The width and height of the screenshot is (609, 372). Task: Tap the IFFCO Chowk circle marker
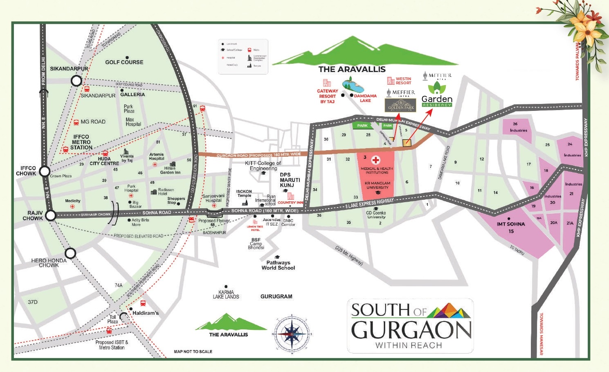click(x=45, y=171)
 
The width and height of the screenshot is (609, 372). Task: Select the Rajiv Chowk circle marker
click(x=50, y=215)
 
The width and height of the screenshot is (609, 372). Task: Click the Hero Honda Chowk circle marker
click(x=70, y=253)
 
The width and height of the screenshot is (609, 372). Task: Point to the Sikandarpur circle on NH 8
click(x=76, y=81)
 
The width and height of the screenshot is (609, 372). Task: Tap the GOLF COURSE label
click(x=124, y=62)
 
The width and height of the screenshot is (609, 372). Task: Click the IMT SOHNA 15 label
click(x=510, y=228)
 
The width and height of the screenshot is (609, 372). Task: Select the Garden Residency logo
click(x=437, y=95)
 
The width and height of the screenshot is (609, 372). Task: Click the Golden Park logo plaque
click(x=401, y=105)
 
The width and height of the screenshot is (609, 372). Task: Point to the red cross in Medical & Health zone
click(x=375, y=160)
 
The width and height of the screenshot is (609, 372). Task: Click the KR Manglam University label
click(x=378, y=185)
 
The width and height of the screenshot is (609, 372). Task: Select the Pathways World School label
click(x=278, y=265)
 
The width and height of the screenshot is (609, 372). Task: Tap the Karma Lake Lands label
click(x=226, y=295)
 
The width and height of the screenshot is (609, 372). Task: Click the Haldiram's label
click(x=146, y=313)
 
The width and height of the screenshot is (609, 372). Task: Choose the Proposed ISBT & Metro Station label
click(x=112, y=345)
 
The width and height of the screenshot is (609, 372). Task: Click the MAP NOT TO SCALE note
click(x=193, y=352)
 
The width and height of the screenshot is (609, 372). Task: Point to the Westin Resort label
click(x=403, y=81)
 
